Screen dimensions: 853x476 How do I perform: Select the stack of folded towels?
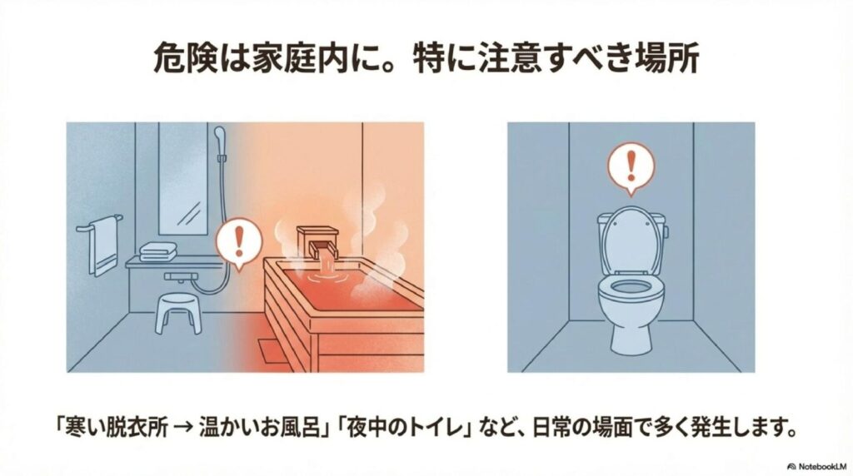(x=158, y=251)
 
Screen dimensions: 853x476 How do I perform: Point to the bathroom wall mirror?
(x=182, y=179)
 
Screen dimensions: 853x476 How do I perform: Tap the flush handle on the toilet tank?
(x=666, y=231)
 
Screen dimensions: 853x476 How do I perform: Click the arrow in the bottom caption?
(x=185, y=427)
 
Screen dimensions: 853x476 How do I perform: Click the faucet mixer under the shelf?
(x=182, y=277)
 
